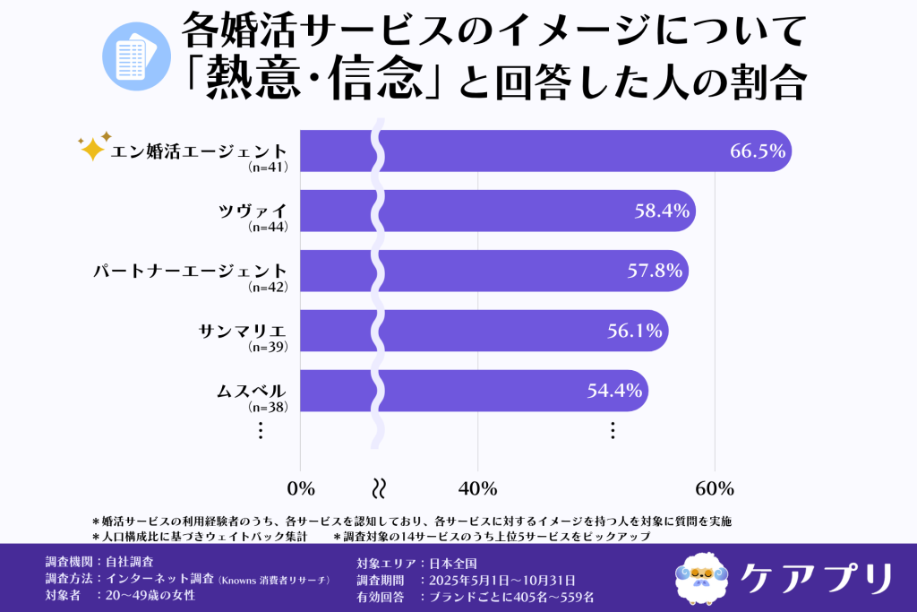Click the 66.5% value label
click(758, 151)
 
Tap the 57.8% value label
click(656, 271)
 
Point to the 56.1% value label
click(635, 331)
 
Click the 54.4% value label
click(615, 391)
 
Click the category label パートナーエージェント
click(190, 270)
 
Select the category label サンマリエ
click(242, 330)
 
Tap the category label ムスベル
click(251, 390)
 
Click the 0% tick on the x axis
click(301, 488)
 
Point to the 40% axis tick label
click(477, 488)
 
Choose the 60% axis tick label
click(714, 488)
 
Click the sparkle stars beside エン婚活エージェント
click(92, 146)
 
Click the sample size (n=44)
click(267, 228)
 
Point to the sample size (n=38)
click(267, 407)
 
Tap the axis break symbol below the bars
click(379, 488)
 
